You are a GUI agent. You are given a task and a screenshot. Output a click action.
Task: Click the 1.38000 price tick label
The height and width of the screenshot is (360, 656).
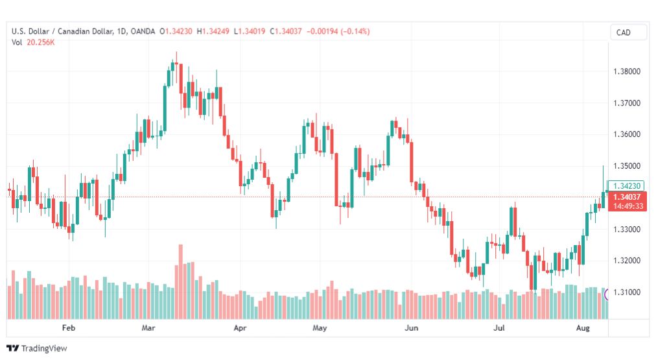click(627, 71)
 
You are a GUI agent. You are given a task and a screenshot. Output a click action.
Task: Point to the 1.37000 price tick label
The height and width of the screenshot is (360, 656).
click(627, 103)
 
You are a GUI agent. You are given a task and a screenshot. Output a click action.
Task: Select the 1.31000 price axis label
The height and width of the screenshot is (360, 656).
click(627, 292)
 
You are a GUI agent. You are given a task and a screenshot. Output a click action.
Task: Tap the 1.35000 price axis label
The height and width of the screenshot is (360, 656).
click(627, 166)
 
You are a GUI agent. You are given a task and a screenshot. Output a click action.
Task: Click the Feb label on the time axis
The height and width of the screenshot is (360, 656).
click(69, 328)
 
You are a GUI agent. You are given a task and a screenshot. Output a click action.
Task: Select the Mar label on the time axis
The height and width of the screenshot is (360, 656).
click(148, 328)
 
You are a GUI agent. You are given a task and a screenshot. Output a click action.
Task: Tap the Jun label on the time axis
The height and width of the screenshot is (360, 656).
click(411, 328)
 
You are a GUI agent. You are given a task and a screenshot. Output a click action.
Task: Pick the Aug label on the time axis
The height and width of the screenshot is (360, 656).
click(583, 328)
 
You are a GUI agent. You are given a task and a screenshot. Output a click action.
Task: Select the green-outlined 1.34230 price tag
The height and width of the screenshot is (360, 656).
click(626, 186)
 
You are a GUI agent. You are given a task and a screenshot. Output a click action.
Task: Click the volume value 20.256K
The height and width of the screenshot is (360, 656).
click(41, 43)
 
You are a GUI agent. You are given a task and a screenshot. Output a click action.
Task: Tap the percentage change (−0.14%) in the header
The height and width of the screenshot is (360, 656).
click(355, 31)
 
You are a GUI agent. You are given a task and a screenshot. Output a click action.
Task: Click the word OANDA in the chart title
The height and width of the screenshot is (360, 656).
click(143, 31)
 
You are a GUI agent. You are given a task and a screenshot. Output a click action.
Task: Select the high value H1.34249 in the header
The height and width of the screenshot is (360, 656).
click(213, 31)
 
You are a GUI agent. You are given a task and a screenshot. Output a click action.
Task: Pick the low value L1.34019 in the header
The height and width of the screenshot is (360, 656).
click(250, 31)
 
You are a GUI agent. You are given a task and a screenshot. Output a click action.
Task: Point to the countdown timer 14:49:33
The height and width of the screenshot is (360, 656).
click(628, 206)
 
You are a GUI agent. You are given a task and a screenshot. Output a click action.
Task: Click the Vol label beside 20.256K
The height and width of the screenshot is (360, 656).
click(17, 43)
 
